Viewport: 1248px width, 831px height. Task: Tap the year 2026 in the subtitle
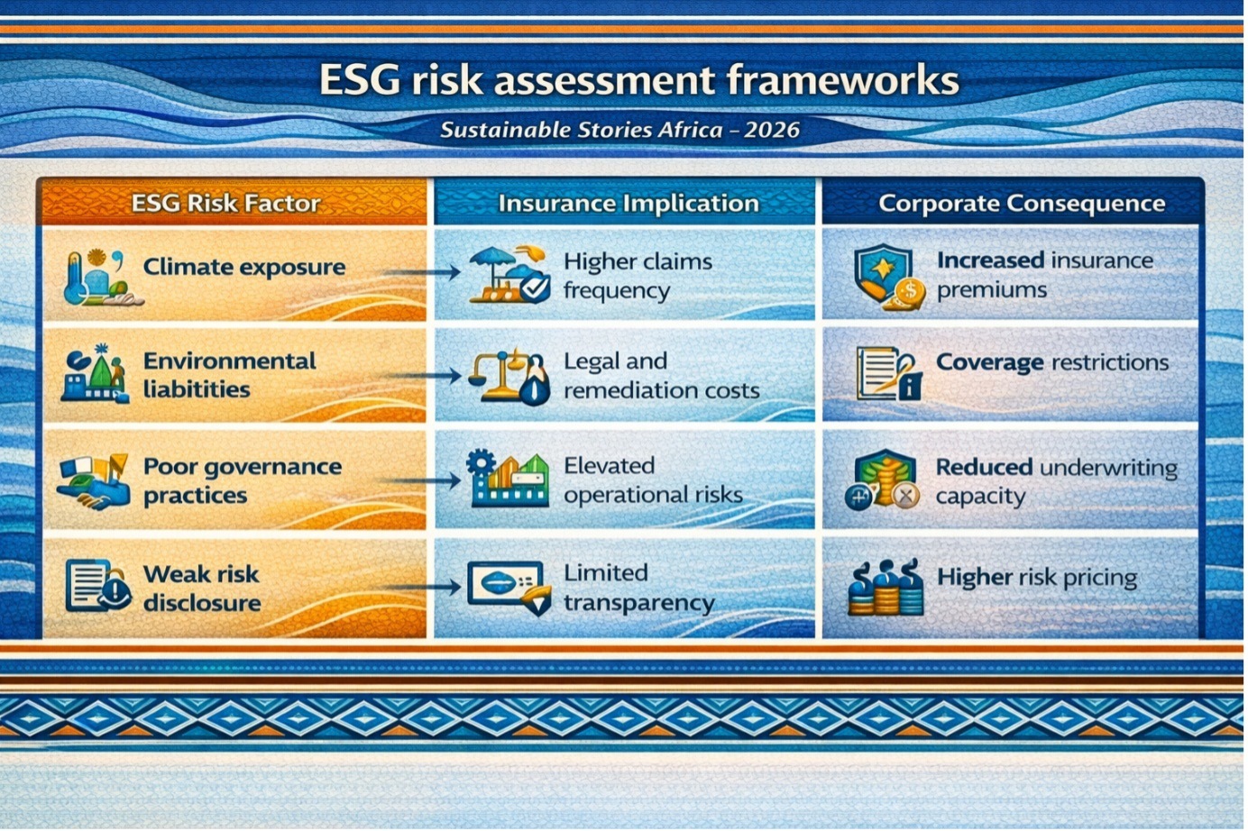(x=772, y=130)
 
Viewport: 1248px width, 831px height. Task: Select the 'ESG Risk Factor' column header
(x=225, y=204)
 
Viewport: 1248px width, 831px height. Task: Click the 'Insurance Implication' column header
(x=629, y=204)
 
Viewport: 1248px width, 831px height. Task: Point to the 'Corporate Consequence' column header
(x=1022, y=204)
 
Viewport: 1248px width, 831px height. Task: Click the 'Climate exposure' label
(x=244, y=268)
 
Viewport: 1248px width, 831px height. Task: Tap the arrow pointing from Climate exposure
(x=422, y=272)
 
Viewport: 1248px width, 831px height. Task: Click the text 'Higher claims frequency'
(x=638, y=277)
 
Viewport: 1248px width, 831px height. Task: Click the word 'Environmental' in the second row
(x=230, y=361)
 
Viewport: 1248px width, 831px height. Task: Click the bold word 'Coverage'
(x=989, y=363)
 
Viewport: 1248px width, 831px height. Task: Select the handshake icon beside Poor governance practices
(x=94, y=482)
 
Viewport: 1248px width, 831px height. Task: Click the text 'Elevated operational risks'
(x=653, y=480)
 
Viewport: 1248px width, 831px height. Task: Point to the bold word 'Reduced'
(x=984, y=467)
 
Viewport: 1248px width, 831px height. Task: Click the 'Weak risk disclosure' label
(x=202, y=589)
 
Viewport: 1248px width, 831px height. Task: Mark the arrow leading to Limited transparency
(x=422, y=587)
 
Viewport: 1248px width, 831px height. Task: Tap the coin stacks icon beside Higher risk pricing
(x=885, y=588)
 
